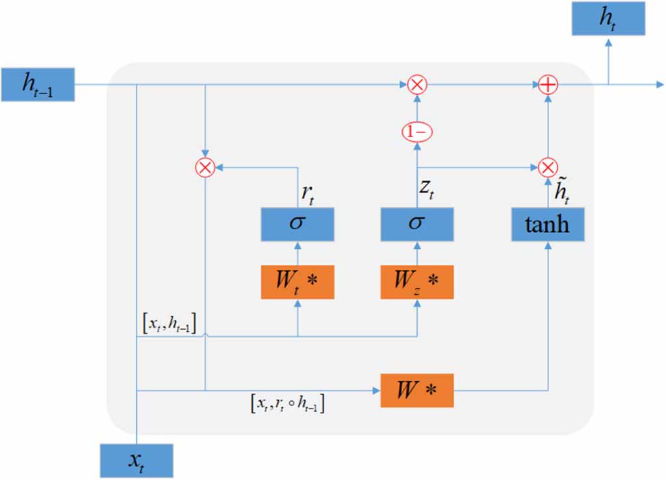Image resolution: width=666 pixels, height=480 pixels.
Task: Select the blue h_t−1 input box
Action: click(38, 84)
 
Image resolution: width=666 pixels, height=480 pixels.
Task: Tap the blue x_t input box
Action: click(136, 461)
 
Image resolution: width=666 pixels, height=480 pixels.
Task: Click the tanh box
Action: click(548, 225)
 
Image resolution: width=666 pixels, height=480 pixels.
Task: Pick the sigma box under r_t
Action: click(298, 225)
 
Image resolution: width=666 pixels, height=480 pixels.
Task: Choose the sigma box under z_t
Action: click(416, 225)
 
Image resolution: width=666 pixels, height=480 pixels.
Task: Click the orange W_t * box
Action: click(298, 282)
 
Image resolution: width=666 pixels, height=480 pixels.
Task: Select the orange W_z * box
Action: click(416, 282)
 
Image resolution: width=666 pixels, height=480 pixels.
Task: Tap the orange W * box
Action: click(416, 390)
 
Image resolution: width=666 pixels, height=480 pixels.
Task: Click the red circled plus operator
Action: click(548, 84)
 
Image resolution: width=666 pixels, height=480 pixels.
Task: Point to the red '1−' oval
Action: click(416, 132)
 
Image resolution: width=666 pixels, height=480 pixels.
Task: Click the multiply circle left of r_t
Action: click(205, 167)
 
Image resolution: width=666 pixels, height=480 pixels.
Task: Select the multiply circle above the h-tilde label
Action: click(548, 167)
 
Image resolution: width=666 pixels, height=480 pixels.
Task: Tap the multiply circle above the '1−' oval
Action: click(416, 84)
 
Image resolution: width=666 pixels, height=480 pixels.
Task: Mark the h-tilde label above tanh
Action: click(557, 190)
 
